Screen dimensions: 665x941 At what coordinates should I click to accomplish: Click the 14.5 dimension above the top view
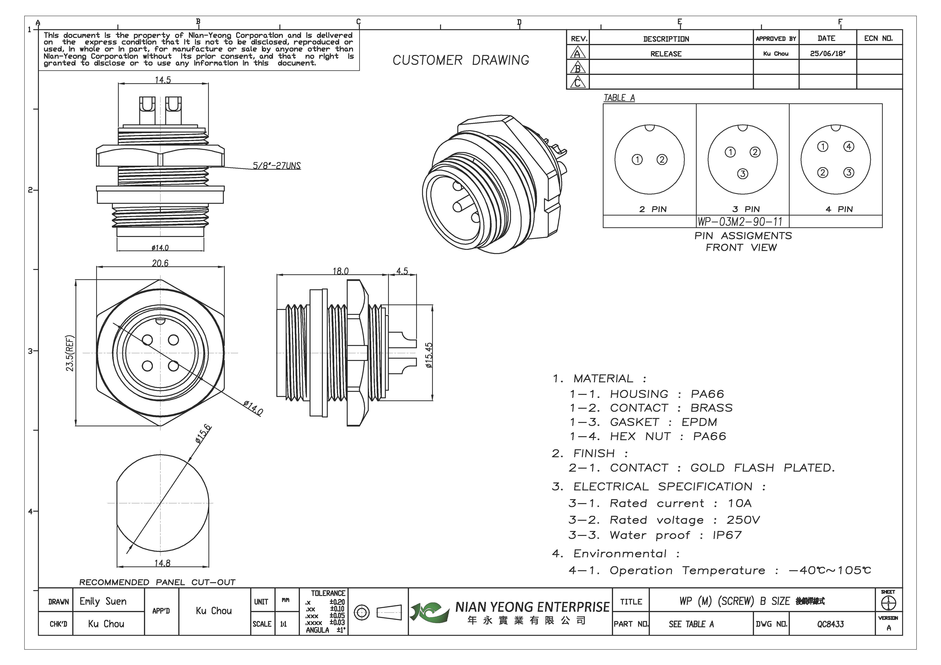(163, 80)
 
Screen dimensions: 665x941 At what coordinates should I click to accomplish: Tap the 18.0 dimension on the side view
(340, 271)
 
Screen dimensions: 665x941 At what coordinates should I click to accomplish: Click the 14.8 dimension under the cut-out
(162, 563)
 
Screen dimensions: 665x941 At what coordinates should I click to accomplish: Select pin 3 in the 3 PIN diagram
(742, 174)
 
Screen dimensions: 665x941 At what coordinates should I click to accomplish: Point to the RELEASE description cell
(666, 54)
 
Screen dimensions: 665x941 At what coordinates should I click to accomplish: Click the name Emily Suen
(103, 601)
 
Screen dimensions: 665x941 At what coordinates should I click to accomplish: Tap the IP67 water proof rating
(727, 535)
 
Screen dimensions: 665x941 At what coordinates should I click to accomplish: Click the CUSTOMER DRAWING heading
(461, 60)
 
